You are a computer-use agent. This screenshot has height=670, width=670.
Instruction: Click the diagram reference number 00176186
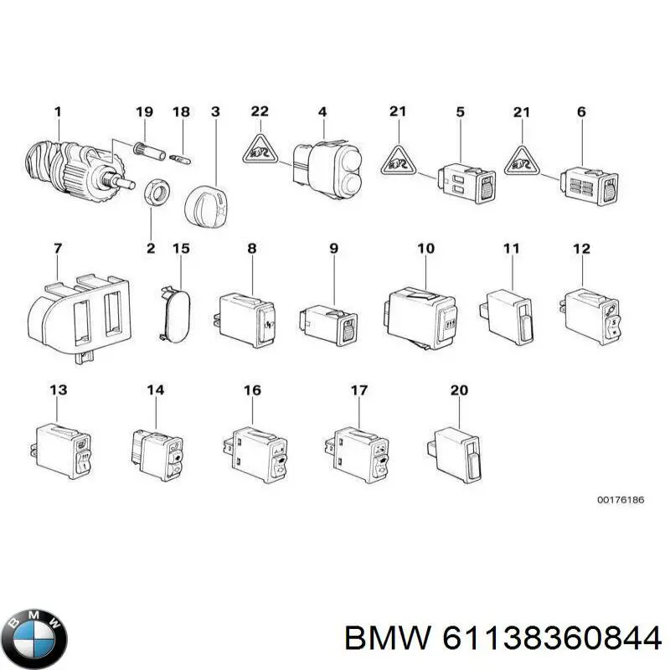click(620, 499)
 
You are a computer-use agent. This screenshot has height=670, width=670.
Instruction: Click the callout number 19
click(145, 111)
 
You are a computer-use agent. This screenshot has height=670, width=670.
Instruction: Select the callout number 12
click(581, 249)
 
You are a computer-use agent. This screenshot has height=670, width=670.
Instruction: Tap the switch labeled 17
click(358, 454)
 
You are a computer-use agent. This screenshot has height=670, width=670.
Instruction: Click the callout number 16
click(252, 390)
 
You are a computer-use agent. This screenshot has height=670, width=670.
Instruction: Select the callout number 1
click(58, 111)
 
